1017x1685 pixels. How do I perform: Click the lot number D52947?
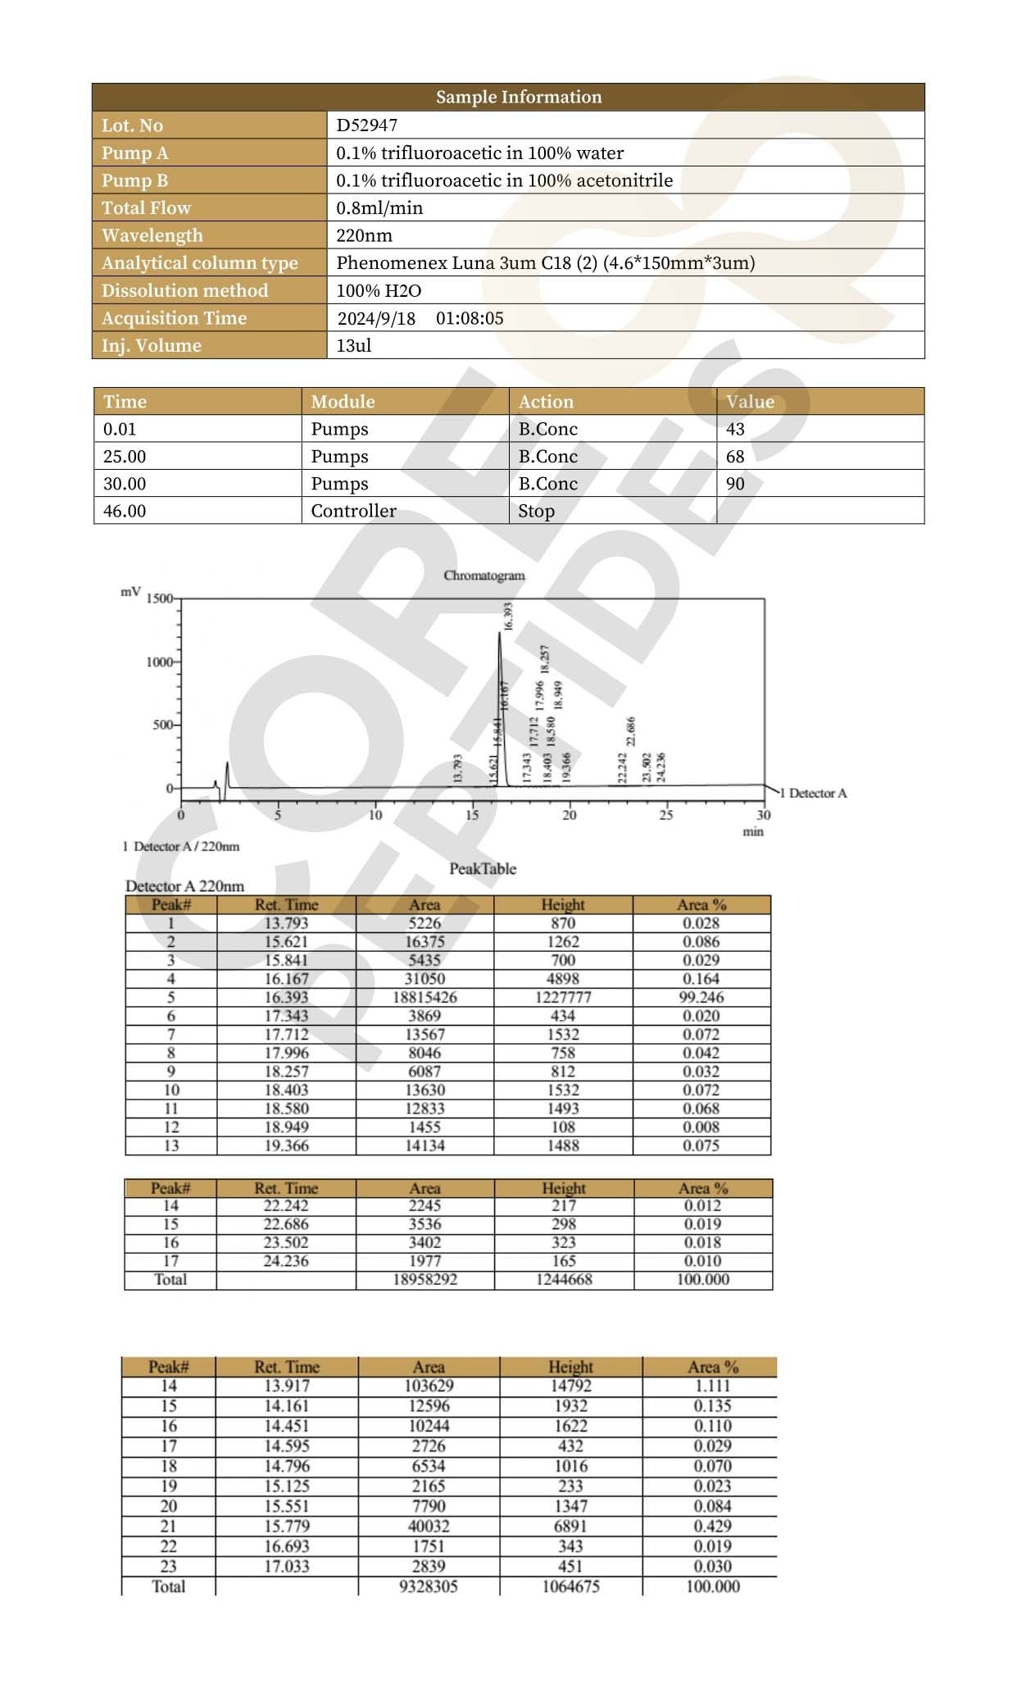(x=366, y=125)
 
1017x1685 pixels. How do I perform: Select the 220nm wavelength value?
(x=364, y=235)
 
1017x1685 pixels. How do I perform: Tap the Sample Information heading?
(x=518, y=97)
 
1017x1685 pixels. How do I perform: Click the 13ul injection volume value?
(x=353, y=345)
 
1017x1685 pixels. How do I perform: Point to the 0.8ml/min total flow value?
(x=379, y=208)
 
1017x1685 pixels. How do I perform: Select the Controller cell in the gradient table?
(x=353, y=511)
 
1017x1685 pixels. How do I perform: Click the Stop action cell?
(x=536, y=511)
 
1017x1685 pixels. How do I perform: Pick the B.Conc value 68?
(x=735, y=456)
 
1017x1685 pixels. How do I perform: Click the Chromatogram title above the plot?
(x=484, y=576)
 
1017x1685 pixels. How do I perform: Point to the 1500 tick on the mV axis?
(x=160, y=599)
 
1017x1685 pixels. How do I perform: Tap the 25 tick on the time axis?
(x=666, y=815)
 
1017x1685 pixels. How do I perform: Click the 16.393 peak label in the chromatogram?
(x=508, y=616)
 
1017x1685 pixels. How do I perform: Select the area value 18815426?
(x=425, y=997)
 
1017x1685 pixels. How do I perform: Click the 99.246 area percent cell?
(x=702, y=997)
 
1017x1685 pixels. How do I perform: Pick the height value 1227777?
(x=563, y=997)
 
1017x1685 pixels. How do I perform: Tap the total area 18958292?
(x=425, y=1279)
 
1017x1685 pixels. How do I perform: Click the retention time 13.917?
(x=286, y=1386)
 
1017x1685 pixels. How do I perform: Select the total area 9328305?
(x=428, y=1586)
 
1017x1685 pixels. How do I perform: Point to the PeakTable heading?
(x=483, y=868)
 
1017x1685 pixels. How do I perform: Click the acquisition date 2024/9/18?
(x=376, y=318)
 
